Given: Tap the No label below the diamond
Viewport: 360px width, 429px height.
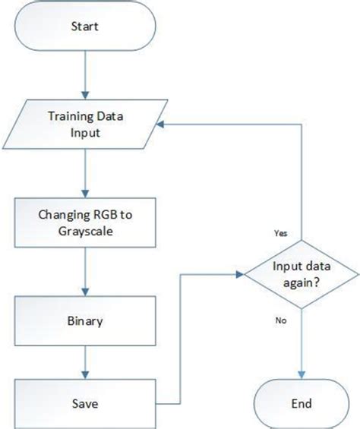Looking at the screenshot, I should click(x=280, y=321).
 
